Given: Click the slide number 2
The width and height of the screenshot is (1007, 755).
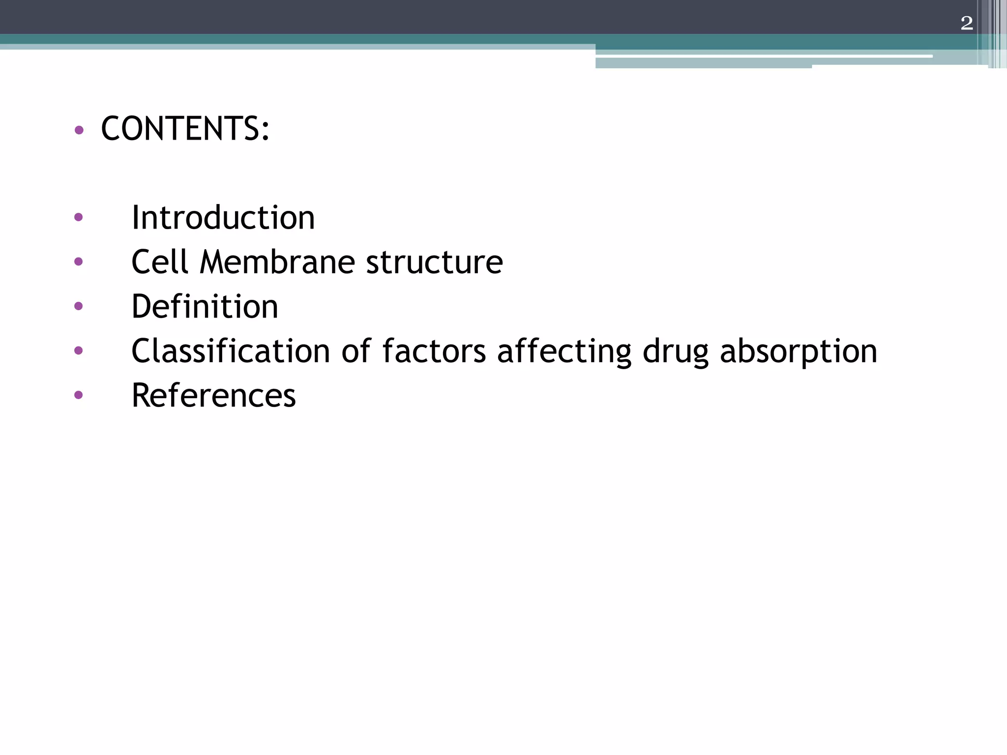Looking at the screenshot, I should [966, 23].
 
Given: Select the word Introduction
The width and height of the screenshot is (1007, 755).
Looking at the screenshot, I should [223, 218].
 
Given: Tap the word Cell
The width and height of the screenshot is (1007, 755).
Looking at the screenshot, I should [160, 261].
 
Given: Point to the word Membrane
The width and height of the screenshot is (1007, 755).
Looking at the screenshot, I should [277, 261].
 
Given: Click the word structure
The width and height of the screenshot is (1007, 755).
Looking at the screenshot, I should [435, 262].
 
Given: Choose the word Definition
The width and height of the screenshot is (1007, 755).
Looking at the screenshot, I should [205, 306].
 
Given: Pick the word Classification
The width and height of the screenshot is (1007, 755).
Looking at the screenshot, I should [231, 351].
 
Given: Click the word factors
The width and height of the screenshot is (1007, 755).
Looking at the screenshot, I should [434, 351].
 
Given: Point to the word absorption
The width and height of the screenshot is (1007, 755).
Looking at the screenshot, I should [799, 352].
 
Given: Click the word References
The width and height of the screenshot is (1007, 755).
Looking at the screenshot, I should [213, 395].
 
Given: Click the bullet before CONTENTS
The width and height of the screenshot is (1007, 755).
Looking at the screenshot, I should [79, 130].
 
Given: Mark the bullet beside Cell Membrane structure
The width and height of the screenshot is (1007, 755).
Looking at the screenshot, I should [78, 261].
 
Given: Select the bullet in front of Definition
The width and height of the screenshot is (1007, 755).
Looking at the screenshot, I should [78, 306].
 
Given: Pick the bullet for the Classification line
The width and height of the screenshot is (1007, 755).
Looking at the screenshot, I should [78, 350].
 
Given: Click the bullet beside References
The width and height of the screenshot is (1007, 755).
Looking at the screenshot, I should [78, 395].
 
